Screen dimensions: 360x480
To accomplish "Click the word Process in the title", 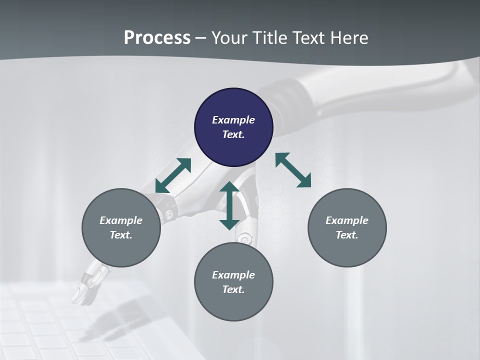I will pos(157,38).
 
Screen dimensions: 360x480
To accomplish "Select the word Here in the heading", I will pos(349,38).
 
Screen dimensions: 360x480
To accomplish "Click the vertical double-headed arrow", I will pos(229,205).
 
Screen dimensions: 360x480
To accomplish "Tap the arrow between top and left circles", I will pos(173,175).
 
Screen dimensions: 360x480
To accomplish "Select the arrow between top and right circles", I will pos(293,170).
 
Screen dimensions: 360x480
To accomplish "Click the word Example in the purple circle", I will pos(233,120).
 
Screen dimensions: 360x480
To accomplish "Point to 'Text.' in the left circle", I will pos(121,235).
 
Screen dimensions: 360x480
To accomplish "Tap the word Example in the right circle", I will pos(347,220).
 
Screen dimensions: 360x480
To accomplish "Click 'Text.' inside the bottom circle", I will pos(233,289).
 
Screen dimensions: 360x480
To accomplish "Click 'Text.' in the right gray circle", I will pos(347,235).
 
